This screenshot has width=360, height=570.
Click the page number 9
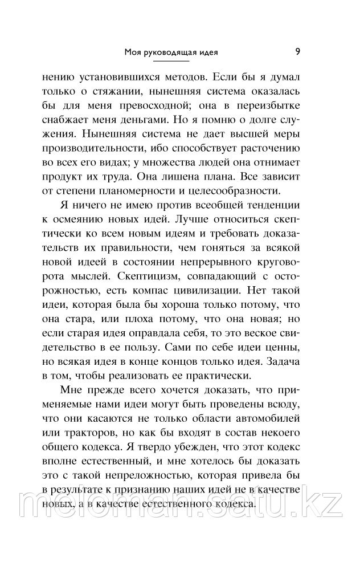coord(298,52)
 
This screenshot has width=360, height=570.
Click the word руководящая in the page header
coord(168,54)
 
